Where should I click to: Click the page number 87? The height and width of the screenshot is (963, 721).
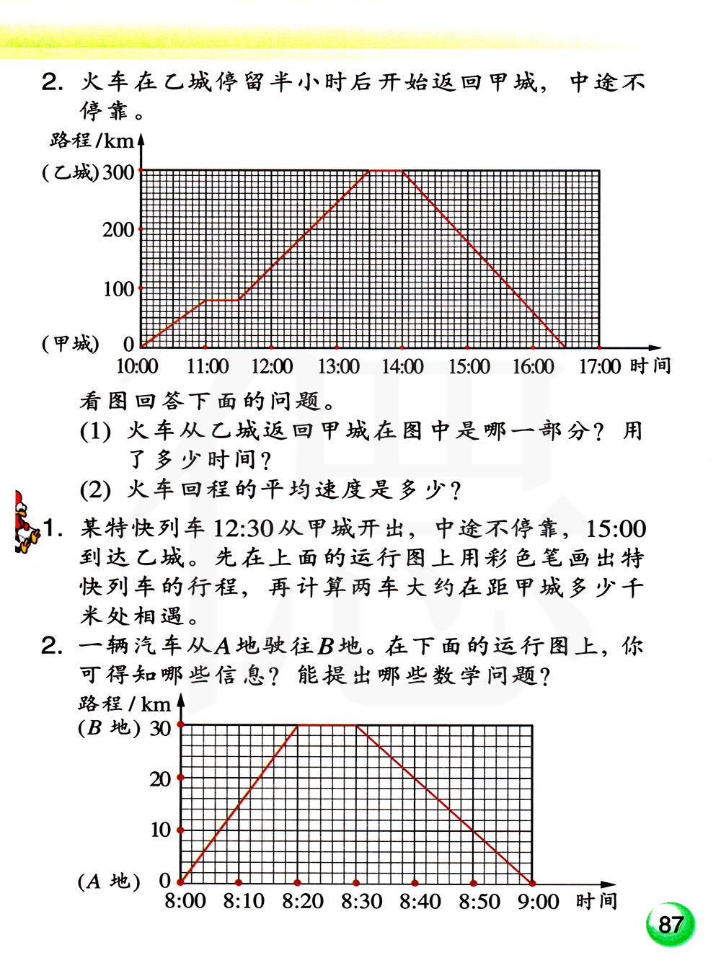coord(670,924)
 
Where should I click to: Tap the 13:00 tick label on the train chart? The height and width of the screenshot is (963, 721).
coord(338,367)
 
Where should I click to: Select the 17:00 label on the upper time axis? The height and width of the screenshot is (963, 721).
coord(599,367)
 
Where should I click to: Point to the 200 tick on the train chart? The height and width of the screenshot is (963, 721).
coord(118,230)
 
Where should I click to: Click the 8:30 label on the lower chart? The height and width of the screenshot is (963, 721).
coord(361,901)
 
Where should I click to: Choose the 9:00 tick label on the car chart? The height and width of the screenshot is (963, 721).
coord(538,901)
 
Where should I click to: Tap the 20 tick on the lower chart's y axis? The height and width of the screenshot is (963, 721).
coord(160,778)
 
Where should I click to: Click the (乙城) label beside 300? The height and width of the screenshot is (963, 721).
coord(70,172)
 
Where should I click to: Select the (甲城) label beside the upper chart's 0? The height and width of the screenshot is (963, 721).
coord(70,344)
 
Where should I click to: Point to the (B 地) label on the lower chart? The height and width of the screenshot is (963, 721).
coord(109,727)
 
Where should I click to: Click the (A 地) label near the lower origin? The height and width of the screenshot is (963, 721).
coord(109,881)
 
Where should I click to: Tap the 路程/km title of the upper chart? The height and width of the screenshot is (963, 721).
coord(92,140)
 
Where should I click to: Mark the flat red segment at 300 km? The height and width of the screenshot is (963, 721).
coord(386,171)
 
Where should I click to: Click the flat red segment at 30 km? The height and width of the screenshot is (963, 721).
coord(327,725)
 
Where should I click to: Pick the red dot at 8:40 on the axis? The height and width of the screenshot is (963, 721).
coord(415,882)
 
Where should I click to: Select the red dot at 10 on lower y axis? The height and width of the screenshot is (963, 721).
coord(180,830)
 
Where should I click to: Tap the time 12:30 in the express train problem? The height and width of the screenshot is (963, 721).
coord(243,529)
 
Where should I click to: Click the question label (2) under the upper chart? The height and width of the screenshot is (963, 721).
coord(95,490)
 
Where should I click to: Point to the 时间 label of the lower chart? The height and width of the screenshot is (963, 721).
coord(596,901)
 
